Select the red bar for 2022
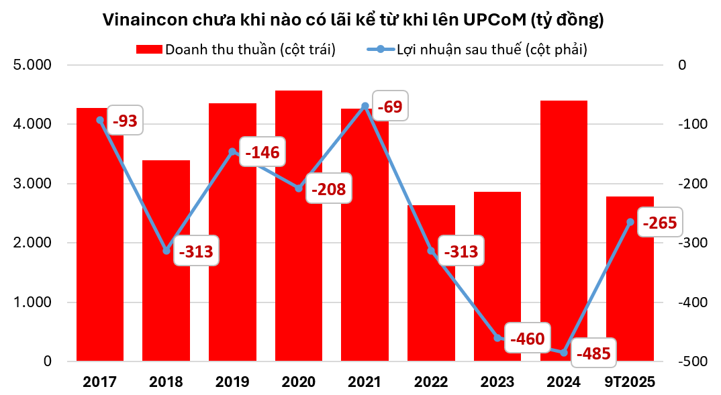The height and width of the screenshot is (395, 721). (x=431, y=295)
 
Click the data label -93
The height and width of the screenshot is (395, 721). (x=125, y=121)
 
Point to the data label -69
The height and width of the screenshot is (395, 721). (x=390, y=107)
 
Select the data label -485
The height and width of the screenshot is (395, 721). (x=593, y=353)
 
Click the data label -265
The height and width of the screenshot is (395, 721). (x=659, y=222)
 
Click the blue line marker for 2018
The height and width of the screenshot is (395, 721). (x=166, y=251)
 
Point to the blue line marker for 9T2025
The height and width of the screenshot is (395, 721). (x=630, y=222)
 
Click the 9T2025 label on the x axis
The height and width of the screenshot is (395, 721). (x=630, y=382)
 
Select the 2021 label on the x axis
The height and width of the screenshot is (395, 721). (x=365, y=382)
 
